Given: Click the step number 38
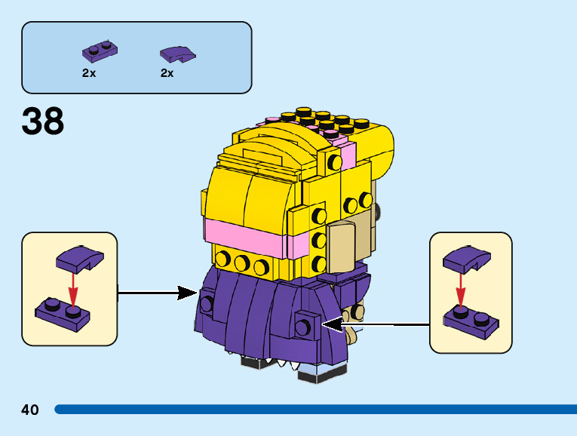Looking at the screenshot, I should (43, 121).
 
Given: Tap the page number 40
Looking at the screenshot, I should (30, 410).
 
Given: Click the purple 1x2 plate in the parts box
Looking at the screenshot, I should (100, 52).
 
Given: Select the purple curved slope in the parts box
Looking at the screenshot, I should (178, 54).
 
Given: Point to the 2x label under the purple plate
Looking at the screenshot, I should (89, 73).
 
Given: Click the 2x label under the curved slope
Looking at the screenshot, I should (167, 73).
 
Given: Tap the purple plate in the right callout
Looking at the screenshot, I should (470, 318).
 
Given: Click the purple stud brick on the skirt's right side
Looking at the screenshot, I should (305, 324).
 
